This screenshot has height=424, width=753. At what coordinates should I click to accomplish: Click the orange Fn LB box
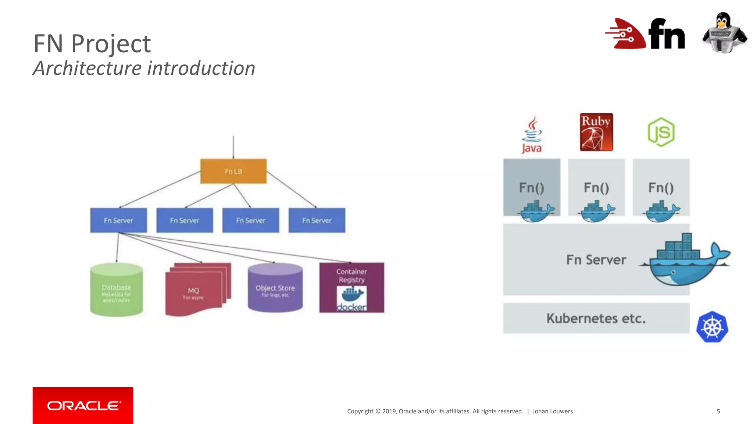233,171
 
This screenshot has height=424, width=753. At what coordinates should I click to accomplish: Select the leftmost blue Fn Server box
118,220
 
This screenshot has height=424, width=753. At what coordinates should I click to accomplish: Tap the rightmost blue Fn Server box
317,220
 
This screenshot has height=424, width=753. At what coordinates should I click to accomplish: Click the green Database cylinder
116,290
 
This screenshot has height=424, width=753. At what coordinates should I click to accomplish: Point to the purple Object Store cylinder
275,288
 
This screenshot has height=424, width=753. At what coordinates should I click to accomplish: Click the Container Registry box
351,287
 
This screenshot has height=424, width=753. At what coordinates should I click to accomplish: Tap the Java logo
532,135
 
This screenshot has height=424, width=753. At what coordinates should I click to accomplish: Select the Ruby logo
596,132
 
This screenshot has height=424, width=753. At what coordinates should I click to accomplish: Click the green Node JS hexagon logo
661,132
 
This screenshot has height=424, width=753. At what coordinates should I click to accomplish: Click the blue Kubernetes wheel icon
712,327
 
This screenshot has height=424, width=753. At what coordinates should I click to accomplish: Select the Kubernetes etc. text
596,318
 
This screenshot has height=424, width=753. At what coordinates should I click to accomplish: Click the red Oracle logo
83,405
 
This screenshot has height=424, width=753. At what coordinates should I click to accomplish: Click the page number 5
718,411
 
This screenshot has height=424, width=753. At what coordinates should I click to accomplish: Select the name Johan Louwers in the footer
552,411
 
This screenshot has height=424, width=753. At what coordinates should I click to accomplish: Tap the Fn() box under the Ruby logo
596,187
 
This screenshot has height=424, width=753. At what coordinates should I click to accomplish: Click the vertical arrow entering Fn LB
233,147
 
